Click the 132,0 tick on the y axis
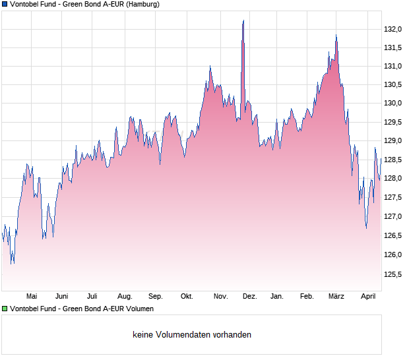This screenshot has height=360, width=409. click(x=393, y=29)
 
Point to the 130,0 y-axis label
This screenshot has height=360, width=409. click(x=393, y=104)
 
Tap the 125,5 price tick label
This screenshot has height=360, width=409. click(x=393, y=274)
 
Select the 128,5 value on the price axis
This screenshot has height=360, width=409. click(x=393, y=160)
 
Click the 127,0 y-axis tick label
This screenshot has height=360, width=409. click(x=393, y=217)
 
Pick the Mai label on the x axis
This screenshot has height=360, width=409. click(x=31, y=296)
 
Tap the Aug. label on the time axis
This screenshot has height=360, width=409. click(x=125, y=296)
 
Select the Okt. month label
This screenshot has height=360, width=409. click(x=187, y=296)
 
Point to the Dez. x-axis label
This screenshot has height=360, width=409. click(x=249, y=296)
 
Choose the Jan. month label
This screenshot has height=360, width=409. click(x=277, y=296)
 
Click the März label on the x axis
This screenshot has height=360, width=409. click(x=336, y=296)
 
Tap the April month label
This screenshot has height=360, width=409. click(x=368, y=296)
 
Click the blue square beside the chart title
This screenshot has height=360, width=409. click(x=5, y=4)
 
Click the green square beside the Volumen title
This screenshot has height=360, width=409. click(x=5, y=308)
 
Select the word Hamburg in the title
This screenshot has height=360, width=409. click(x=142, y=4)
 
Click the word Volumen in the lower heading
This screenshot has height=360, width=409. click(x=139, y=308)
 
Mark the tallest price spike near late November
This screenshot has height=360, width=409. click(x=243, y=21)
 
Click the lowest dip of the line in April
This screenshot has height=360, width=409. click(x=366, y=227)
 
